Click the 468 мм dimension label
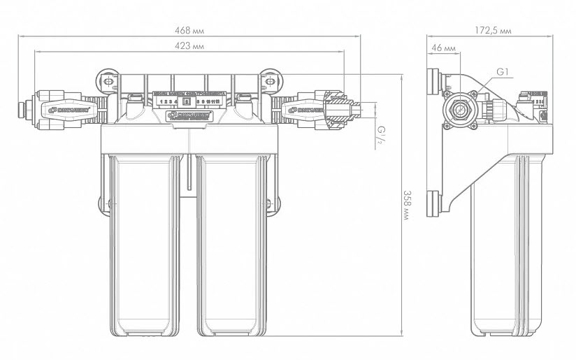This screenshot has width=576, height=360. click(191, 29)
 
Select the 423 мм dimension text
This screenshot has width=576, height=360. click(191, 45)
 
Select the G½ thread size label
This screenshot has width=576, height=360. click(382, 133)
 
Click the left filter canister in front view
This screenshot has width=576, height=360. click(145, 245)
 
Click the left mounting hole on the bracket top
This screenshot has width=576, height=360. click(110, 81)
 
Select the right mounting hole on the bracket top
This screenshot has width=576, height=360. click(270, 81)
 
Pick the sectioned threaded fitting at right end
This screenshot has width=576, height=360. click(341, 110)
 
